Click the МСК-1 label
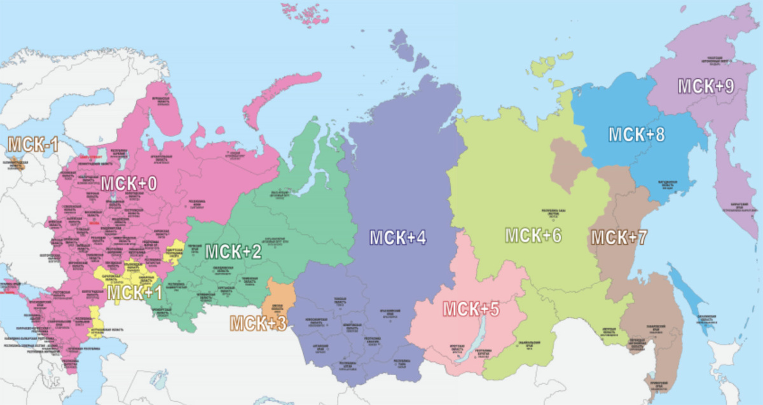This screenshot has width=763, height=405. pyautogui.click(x=33, y=145)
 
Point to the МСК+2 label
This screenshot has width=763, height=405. pyautogui.click(x=233, y=251)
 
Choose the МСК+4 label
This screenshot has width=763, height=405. pyautogui.click(x=398, y=238)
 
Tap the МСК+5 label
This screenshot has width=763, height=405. pyautogui.click(x=471, y=310)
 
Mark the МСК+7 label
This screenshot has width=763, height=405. pyautogui.click(x=619, y=238)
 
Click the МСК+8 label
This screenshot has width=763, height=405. pyautogui.click(x=636, y=135)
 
